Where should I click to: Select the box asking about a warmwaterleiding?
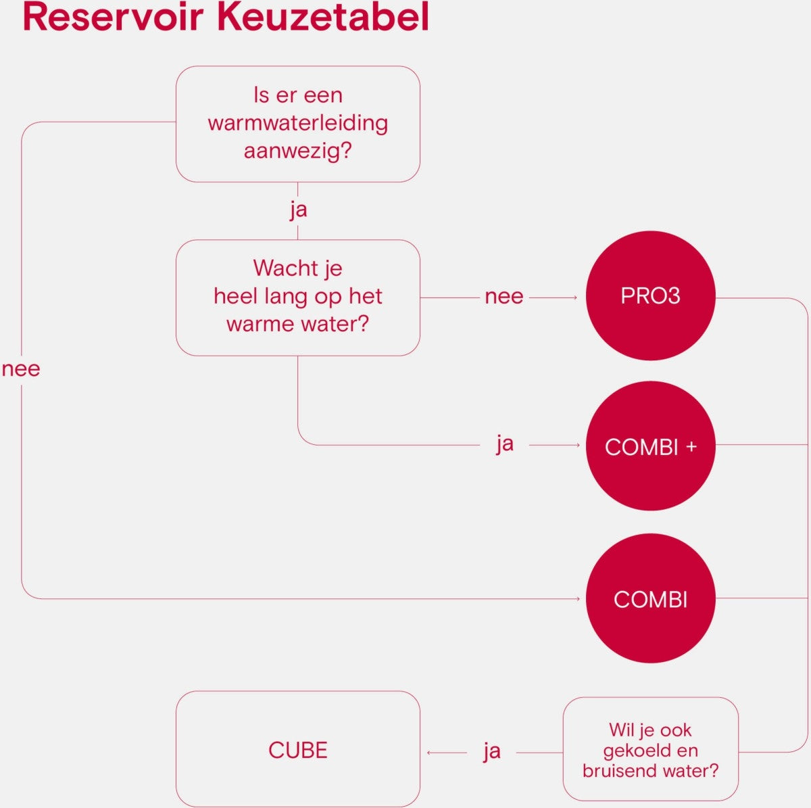297,124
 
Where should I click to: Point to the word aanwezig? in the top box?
297,150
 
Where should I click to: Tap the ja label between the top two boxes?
298,210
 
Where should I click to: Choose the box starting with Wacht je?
297,297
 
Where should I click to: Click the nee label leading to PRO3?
503,297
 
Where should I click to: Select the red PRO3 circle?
650,296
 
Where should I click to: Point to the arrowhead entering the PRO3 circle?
575,298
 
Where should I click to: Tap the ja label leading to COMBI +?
504,444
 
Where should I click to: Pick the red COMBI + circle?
650,446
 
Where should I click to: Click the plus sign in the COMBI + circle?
691,446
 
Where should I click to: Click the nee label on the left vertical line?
21,369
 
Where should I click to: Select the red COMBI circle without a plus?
650,599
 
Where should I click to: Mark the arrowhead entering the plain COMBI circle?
578,599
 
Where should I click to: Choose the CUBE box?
297,749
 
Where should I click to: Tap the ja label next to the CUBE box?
491,751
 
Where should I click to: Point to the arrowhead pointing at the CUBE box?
429,753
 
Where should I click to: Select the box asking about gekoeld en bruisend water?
650,749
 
